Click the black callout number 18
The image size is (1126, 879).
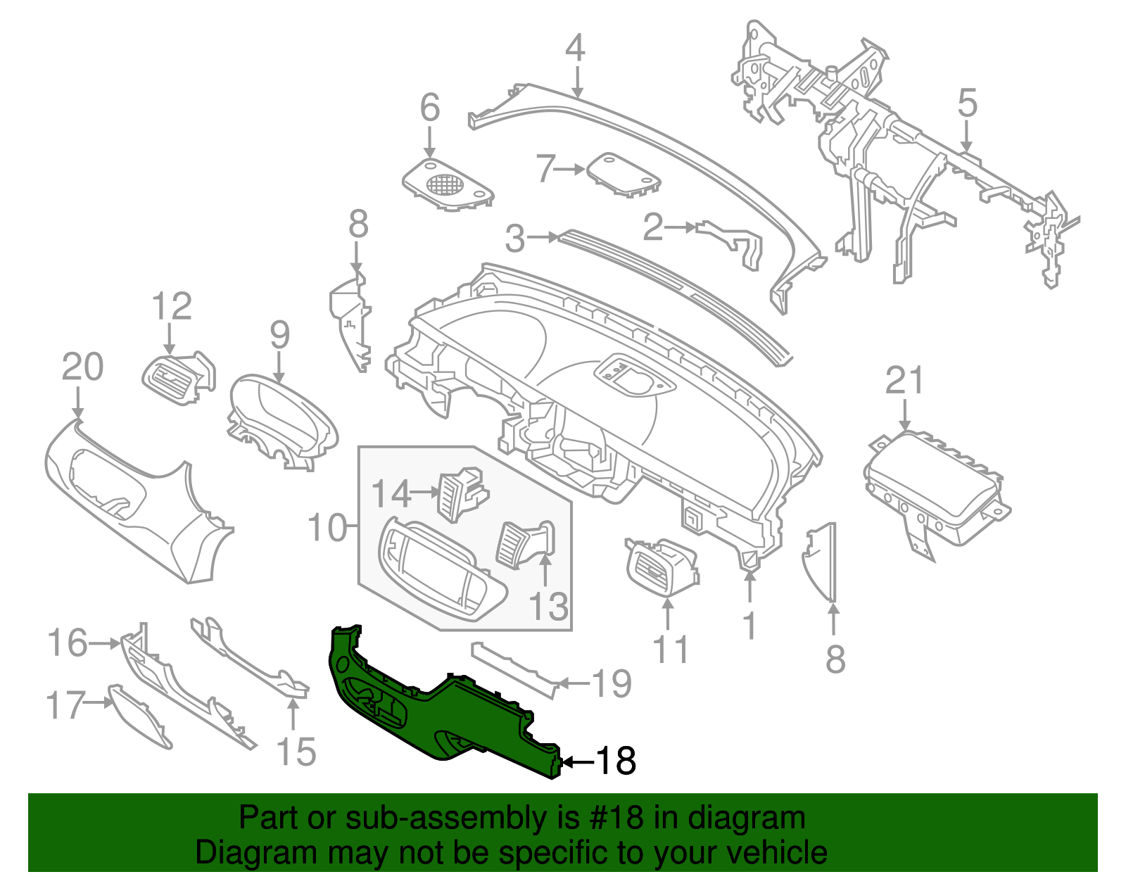[616, 761]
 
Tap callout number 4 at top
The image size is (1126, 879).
[575, 48]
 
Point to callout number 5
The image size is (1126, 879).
[968, 103]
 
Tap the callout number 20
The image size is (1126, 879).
[82, 367]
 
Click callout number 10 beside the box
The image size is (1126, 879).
[328, 527]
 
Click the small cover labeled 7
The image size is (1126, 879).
[623, 173]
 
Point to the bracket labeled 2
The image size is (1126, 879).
[732, 239]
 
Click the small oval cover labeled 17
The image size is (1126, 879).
[141, 718]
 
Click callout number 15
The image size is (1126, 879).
[296, 752]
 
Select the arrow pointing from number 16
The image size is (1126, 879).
[106, 643]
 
